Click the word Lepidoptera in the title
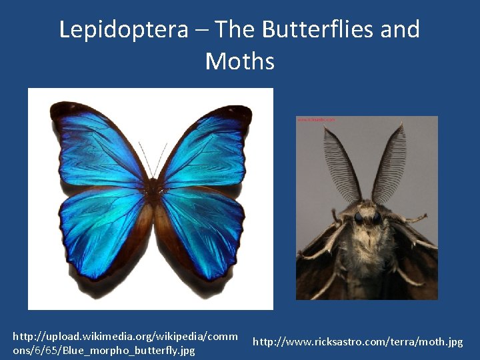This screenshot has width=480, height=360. [x=123, y=30]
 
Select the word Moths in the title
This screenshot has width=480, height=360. [x=240, y=61]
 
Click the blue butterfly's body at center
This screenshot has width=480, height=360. [x=155, y=193]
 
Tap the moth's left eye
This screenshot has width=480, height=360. [x=359, y=217]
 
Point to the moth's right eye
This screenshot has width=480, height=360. [x=377, y=217]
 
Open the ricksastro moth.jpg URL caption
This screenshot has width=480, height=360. [x=357, y=342]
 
